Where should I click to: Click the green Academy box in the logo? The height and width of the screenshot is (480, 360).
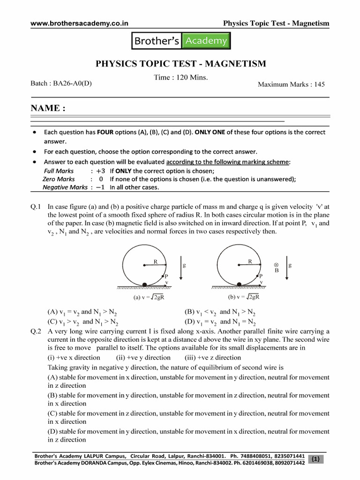click(x=206, y=41)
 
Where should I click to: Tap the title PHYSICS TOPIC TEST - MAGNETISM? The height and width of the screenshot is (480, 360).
click(x=181, y=64)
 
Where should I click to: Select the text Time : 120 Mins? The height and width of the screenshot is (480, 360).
click(x=180, y=77)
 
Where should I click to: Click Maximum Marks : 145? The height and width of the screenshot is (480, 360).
click(x=291, y=84)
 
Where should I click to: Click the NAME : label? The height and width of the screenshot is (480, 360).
click(x=48, y=108)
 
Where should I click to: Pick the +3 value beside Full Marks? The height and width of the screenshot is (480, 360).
click(x=101, y=171)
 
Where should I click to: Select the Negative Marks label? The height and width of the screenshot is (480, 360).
click(x=65, y=187)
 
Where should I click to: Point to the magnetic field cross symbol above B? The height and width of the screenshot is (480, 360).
click(x=276, y=264)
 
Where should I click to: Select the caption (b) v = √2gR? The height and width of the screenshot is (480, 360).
click(x=244, y=297)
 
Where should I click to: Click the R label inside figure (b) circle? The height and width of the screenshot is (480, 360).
click(x=250, y=261)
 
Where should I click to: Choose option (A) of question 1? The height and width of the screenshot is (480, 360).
click(x=82, y=312)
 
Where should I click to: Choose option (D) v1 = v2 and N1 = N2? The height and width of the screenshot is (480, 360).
click(x=220, y=322)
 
